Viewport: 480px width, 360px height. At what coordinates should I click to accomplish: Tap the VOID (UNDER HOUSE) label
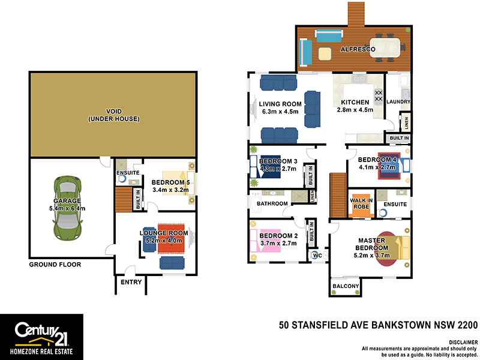point(113,115)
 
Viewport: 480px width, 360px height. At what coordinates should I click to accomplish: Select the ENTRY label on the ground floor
point(131,282)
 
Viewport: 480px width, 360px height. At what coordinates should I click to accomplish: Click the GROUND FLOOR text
point(55,264)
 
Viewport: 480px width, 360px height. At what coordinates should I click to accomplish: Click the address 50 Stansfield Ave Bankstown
point(378,326)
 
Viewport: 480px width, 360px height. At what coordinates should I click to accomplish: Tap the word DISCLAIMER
point(460,341)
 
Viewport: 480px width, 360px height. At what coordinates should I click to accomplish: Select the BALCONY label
point(346,286)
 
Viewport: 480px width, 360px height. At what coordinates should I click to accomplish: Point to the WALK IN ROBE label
point(361,204)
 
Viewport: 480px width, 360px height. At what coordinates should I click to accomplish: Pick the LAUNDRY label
point(399,102)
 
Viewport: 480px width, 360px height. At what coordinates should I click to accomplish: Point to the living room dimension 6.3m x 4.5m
point(280,111)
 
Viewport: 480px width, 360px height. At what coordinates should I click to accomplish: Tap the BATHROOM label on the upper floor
point(272,203)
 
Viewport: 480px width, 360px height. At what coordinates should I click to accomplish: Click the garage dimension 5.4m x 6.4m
point(67,208)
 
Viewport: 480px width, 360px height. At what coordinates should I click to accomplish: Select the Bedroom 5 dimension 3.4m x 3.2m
point(170,190)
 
